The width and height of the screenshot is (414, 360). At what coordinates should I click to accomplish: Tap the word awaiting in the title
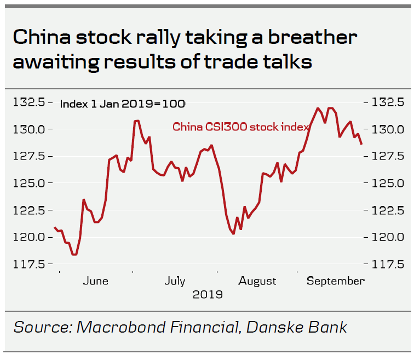56,62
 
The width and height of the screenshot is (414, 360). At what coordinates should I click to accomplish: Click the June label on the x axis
95,281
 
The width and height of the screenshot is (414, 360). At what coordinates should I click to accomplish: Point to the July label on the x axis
174,281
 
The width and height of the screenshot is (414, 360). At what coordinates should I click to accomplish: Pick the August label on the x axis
257,281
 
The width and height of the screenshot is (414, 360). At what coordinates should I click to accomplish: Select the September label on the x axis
335,281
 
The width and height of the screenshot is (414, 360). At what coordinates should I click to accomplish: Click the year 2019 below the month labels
208,295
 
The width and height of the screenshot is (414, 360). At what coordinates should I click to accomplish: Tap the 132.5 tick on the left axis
30,102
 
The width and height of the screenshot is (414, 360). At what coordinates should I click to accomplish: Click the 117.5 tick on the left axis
30,264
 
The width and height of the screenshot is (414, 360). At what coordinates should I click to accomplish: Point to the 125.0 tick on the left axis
30,183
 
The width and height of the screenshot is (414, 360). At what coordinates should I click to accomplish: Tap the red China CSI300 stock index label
241,127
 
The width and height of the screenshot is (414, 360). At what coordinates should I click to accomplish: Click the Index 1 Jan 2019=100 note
122,104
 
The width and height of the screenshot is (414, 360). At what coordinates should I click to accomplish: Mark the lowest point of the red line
74,255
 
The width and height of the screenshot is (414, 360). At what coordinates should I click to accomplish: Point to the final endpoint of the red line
361,144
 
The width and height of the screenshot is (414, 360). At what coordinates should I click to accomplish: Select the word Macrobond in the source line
117,327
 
